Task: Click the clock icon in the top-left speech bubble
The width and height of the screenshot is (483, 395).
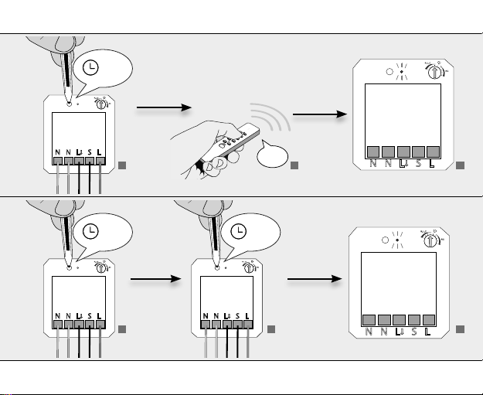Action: (91, 69)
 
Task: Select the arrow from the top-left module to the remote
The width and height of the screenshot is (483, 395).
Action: (155, 112)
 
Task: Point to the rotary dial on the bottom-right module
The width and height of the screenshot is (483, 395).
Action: (429, 238)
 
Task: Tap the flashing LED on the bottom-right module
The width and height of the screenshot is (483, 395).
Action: (396, 239)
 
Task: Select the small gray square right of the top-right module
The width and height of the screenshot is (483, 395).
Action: (460, 165)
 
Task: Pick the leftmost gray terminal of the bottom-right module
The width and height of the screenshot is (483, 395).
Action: (369, 319)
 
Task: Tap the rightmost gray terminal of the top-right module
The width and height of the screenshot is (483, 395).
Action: (434, 151)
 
